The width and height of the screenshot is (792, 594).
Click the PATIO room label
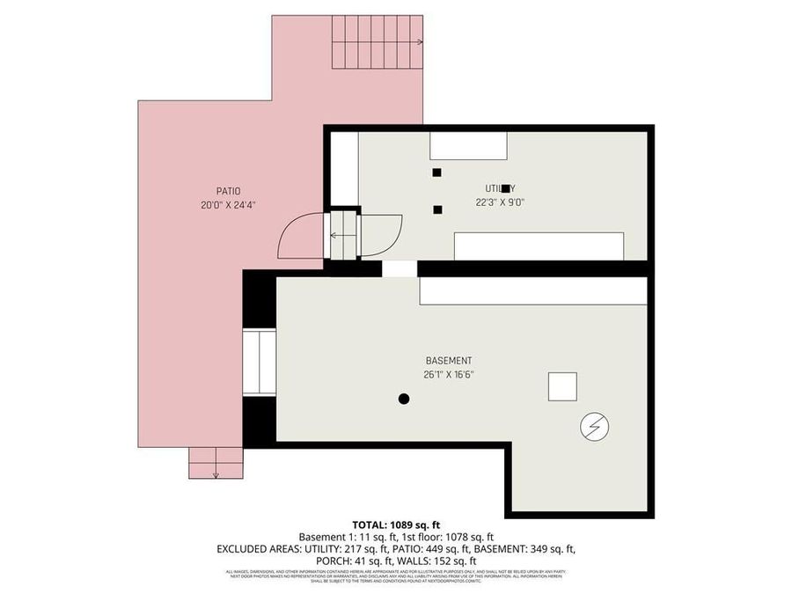pyautogui.click(x=228, y=191)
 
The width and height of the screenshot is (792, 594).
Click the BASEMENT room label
pyautogui.click(x=449, y=361)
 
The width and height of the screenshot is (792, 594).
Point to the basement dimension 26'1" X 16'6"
pyautogui.click(x=449, y=374)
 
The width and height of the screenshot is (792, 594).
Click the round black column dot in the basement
pyautogui.click(x=404, y=399)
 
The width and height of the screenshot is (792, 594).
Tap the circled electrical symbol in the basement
pyautogui.click(x=593, y=428)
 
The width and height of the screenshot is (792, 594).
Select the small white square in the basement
pyautogui.click(x=562, y=386)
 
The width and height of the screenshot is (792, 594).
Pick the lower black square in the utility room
pyautogui.click(x=437, y=209)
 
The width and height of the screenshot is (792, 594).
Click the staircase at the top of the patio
pyautogui.click(x=378, y=42)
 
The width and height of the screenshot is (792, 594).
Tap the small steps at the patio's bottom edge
pyautogui.click(x=216, y=462)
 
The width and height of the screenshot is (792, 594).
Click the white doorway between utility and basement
pyautogui.click(x=400, y=268)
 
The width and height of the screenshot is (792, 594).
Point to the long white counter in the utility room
pyautogui.click(x=539, y=246)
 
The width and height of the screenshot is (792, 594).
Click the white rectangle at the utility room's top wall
pyautogui.click(x=468, y=146)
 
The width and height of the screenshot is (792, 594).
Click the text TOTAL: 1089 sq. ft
pyautogui.click(x=395, y=524)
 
